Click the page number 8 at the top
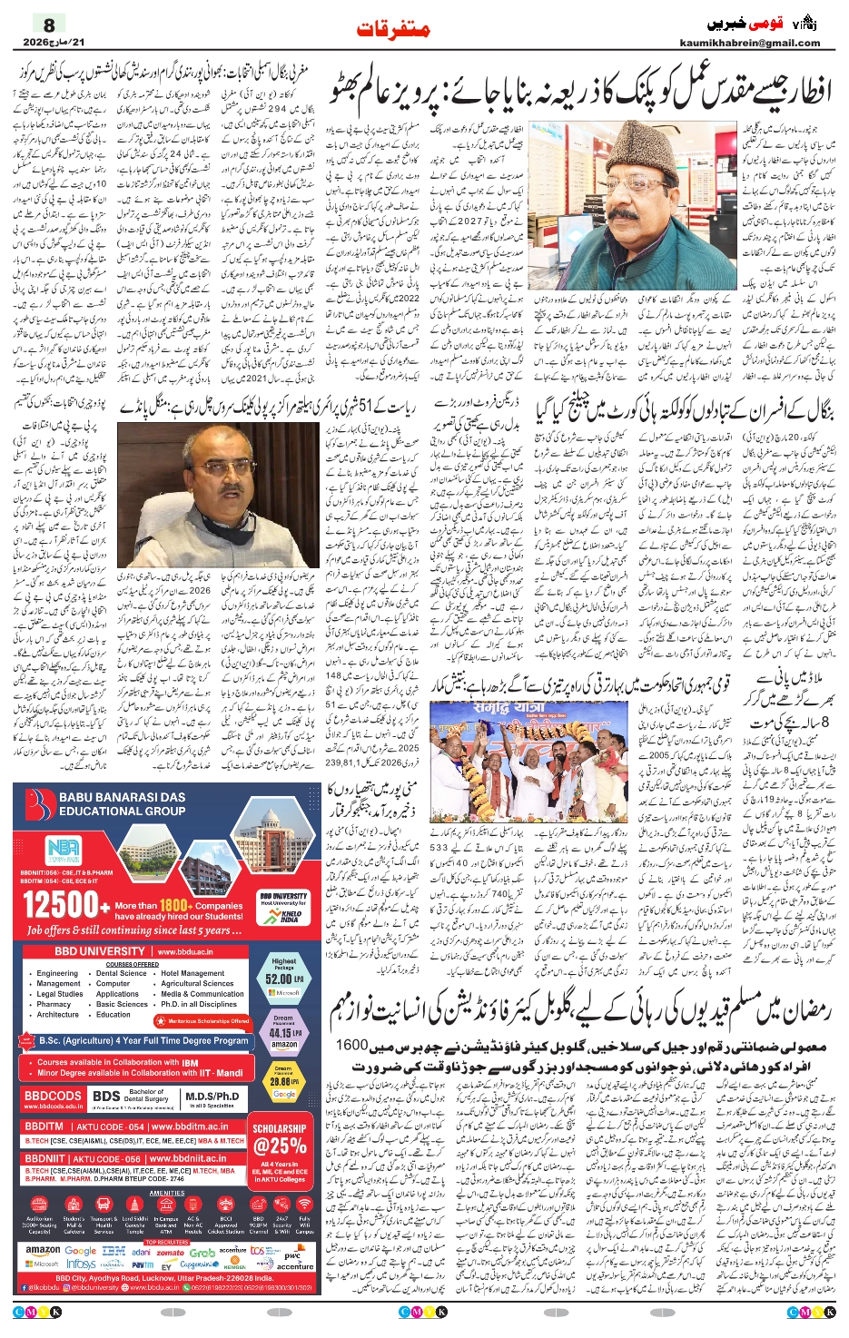point(49,25)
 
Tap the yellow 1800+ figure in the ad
point(174,905)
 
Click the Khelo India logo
point(291,915)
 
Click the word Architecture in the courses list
point(57,1015)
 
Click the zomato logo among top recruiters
point(170,1252)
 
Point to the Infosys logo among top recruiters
point(82,1264)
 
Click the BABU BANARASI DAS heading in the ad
point(122,797)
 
